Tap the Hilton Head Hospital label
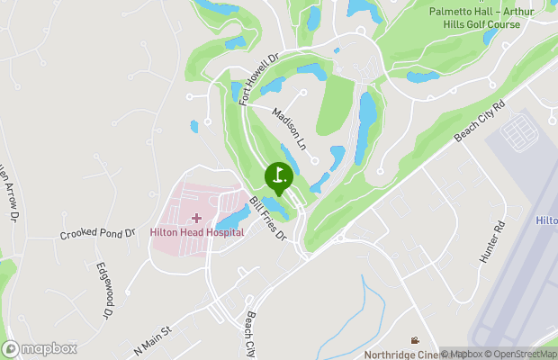[196, 232]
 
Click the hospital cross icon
[196, 218]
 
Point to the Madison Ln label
[290, 129]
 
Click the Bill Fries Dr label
[267, 219]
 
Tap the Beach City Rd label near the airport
[481, 120]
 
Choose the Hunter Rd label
[490, 245]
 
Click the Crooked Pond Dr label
[97, 234]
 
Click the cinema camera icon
[414, 340]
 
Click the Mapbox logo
[40, 348]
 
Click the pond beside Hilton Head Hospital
[232, 217]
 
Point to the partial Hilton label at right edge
[546, 220]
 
